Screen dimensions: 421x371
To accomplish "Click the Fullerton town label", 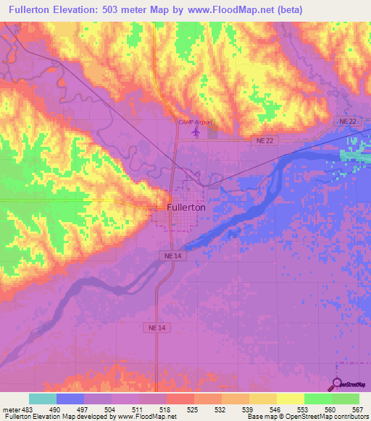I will click(x=181, y=206).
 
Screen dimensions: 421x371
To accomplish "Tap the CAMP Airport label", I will click(x=196, y=122).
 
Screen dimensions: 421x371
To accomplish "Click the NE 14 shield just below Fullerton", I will click(x=169, y=256).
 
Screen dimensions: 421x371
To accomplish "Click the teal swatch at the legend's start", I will click(x=43, y=399).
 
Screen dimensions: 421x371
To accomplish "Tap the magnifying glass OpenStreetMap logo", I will click(x=336, y=384).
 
